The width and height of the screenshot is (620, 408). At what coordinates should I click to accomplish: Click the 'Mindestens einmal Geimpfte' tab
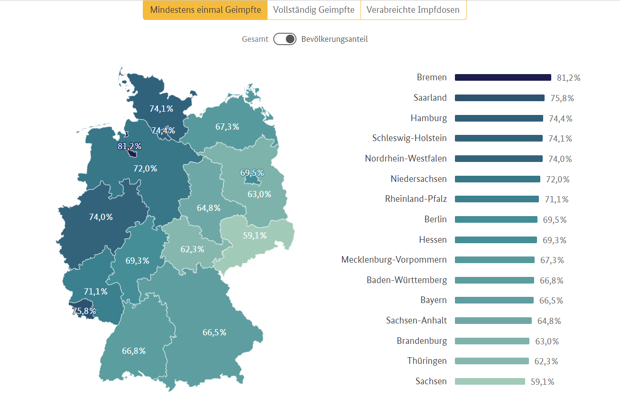[x=205, y=10]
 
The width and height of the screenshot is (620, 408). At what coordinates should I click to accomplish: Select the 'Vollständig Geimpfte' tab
[x=314, y=10]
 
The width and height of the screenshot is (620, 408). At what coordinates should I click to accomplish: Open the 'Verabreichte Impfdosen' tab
[x=413, y=10]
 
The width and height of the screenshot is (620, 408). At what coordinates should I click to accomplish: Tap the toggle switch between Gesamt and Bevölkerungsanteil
[x=285, y=39]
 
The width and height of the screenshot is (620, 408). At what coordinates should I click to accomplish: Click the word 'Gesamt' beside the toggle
[x=255, y=39]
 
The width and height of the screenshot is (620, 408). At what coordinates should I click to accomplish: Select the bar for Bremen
[x=503, y=77]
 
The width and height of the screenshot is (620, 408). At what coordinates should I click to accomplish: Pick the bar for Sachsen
[x=490, y=381]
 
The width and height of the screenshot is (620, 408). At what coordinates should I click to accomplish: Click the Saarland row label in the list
[x=430, y=98]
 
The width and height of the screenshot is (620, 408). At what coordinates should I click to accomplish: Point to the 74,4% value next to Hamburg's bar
[x=561, y=119]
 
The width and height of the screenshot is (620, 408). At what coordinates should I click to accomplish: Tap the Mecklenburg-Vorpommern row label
[x=394, y=260]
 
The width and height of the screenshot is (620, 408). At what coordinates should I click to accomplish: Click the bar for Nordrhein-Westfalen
[x=499, y=159]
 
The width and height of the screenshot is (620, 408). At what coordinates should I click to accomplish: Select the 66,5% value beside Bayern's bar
[x=551, y=301]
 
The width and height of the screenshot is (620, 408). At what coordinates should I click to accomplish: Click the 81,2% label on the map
[x=130, y=146]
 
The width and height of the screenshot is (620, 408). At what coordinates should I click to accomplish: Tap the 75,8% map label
[x=84, y=311]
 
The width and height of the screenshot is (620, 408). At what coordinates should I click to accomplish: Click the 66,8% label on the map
[x=134, y=351]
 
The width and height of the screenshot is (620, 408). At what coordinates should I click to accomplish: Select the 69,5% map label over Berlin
[x=252, y=173]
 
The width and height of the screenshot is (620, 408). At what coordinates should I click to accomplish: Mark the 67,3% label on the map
[x=227, y=127]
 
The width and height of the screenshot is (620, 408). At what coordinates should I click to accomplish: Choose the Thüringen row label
[x=427, y=361]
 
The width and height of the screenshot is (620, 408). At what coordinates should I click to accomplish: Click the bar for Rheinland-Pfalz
[x=497, y=199]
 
